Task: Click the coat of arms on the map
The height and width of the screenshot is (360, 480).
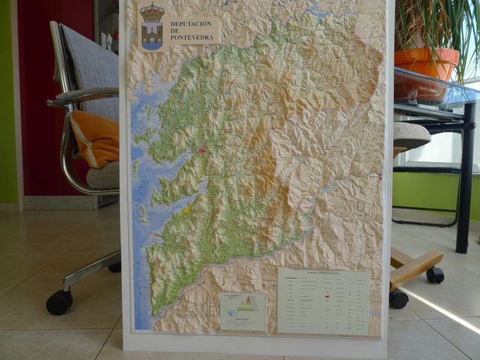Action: coord(152,27)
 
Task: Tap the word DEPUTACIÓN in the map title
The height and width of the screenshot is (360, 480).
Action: coord(191,24)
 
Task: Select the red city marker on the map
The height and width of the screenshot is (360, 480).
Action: coord(201,151)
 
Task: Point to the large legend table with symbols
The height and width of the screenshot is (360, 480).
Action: coord(322,301)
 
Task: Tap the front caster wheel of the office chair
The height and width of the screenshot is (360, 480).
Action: coord(58,302)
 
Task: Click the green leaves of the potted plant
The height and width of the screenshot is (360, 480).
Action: coord(431,22)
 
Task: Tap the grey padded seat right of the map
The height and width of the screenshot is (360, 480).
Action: coord(410,136)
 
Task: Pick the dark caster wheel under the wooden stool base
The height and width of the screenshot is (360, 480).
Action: coord(435,275)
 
